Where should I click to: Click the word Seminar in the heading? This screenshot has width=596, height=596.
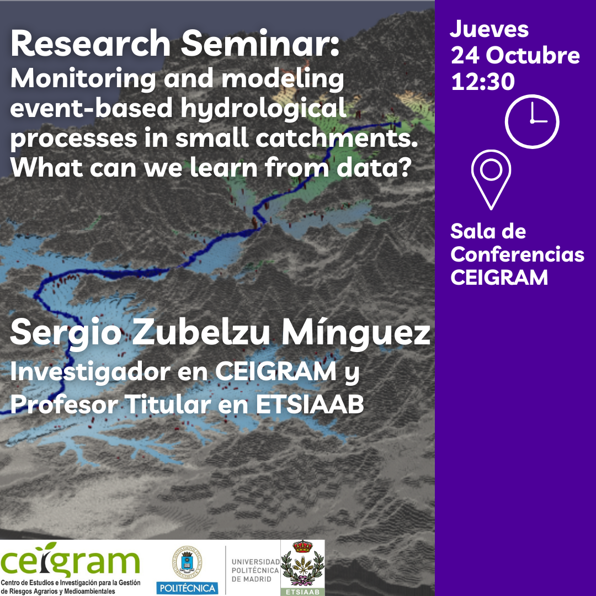pos(260,44)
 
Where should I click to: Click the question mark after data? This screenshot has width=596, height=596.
pos(406,167)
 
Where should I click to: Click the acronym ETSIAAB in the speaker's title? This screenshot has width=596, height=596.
pos(310,404)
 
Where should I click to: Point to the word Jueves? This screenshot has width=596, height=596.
pos(489,29)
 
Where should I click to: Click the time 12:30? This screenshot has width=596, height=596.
pos(483,81)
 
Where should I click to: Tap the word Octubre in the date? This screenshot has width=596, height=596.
pos(533,56)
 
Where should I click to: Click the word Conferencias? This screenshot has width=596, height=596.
pos(517,254)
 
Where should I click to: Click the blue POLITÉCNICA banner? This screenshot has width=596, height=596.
pos(187,588)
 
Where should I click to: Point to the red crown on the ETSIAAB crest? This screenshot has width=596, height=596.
pos(302,546)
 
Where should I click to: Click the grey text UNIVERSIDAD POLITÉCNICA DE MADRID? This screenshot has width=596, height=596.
pos(256,571)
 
